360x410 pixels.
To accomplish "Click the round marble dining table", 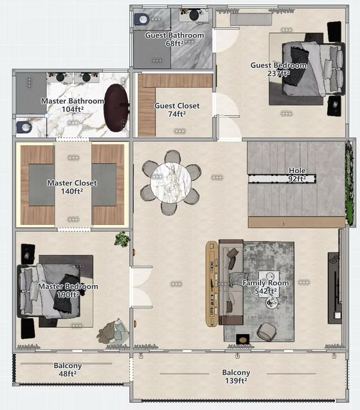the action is (171, 183).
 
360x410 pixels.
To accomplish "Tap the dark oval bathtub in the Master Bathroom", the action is (116, 108).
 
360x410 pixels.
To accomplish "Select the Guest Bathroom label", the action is (174, 35).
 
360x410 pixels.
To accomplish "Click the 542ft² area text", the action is (265, 291).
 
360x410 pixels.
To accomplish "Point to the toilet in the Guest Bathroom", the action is (142, 19).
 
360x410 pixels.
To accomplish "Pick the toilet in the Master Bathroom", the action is (24, 127).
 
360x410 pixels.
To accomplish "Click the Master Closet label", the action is (72, 183).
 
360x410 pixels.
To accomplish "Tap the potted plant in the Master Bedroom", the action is (122, 238).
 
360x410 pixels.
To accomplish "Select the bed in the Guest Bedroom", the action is (313, 69).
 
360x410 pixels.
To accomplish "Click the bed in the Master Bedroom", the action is (49, 290).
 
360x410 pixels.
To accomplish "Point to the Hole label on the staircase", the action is (297, 170).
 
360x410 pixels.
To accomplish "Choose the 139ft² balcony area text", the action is (236, 380).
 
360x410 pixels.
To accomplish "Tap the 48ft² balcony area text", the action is (67, 373).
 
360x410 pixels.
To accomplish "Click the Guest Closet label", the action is (177, 105).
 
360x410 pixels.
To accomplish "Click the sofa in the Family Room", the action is (231, 282).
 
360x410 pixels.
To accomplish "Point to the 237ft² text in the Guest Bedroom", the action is (278, 73).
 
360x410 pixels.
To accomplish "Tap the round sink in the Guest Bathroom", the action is (194, 15).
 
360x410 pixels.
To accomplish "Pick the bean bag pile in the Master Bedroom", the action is (113, 332).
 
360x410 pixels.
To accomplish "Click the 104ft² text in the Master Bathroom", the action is (73, 109).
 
